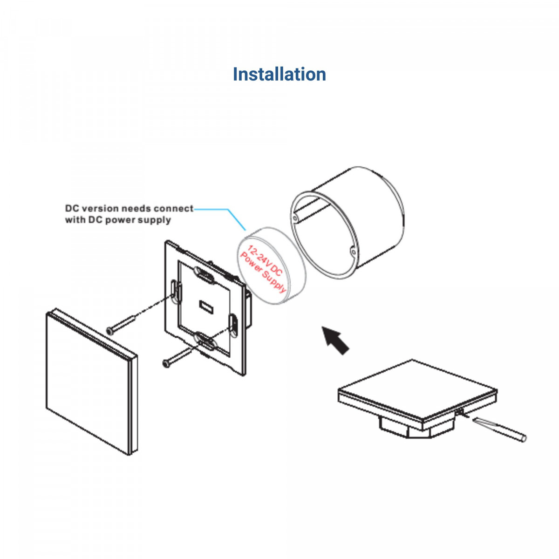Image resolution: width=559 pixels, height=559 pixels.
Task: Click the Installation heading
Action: pos(279,75)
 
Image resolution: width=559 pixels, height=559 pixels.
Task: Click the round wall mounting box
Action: pos(354,219)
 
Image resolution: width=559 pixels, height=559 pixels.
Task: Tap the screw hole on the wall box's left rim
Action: pos(295,218)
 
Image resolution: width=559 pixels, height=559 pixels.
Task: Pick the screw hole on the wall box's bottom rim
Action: pos(353,252)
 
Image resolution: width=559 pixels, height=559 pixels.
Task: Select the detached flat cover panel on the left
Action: pos(91,382)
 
